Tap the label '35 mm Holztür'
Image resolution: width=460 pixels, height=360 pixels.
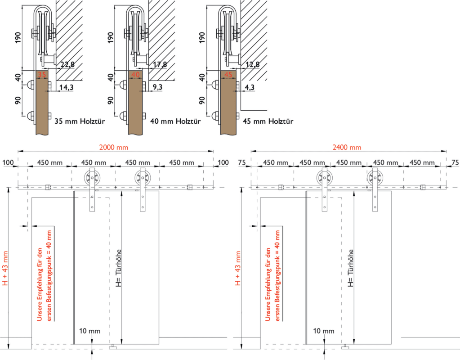click(80, 121)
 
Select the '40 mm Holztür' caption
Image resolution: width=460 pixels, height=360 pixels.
click(172, 121)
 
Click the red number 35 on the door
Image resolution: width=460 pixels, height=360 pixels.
click(42, 74)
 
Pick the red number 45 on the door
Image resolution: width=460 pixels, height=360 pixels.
click(228, 74)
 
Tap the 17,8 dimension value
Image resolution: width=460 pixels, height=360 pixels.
click(160, 65)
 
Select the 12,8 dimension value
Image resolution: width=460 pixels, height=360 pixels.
click(252, 65)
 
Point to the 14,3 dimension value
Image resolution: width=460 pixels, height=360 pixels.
click(66, 87)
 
